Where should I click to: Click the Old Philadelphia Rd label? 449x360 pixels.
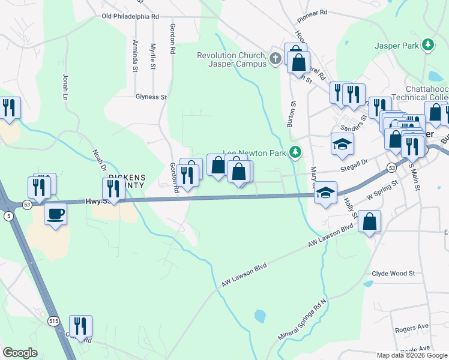tap(130, 17)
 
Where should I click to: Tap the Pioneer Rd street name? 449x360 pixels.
tap(312, 12)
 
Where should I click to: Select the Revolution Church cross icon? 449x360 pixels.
tap(276, 58)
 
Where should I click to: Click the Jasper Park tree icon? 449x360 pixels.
tap(427, 45)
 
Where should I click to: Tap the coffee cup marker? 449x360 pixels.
tap(56, 214)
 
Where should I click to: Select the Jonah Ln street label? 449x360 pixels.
tap(65, 88)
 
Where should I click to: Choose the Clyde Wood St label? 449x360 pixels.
tap(393, 273)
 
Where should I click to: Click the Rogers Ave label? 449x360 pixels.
tap(411, 329)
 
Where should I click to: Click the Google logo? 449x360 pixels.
tap(20, 353)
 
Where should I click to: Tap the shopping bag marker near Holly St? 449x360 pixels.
tap(369, 222)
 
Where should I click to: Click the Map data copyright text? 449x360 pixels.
tap(411, 355)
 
